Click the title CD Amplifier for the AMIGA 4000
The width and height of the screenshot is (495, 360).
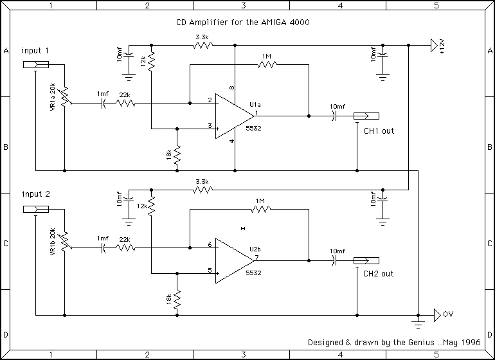click(x=244, y=22)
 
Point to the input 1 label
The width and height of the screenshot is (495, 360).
click(x=35, y=50)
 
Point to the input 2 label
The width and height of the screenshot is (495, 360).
click(x=35, y=194)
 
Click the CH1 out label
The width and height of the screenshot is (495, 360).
click(x=379, y=130)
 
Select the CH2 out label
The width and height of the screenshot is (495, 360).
click(x=379, y=274)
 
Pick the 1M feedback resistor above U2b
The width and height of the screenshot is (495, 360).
click(x=260, y=208)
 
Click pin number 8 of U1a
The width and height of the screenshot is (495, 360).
click(x=231, y=87)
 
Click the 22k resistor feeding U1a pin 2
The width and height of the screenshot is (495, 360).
click(x=125, y=103)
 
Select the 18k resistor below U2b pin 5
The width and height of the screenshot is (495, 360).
click(x=176, y=298)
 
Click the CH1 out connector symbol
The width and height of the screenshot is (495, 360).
click(x=366, y=116)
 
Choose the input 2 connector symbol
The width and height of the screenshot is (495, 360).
click(x=35, y=209)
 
